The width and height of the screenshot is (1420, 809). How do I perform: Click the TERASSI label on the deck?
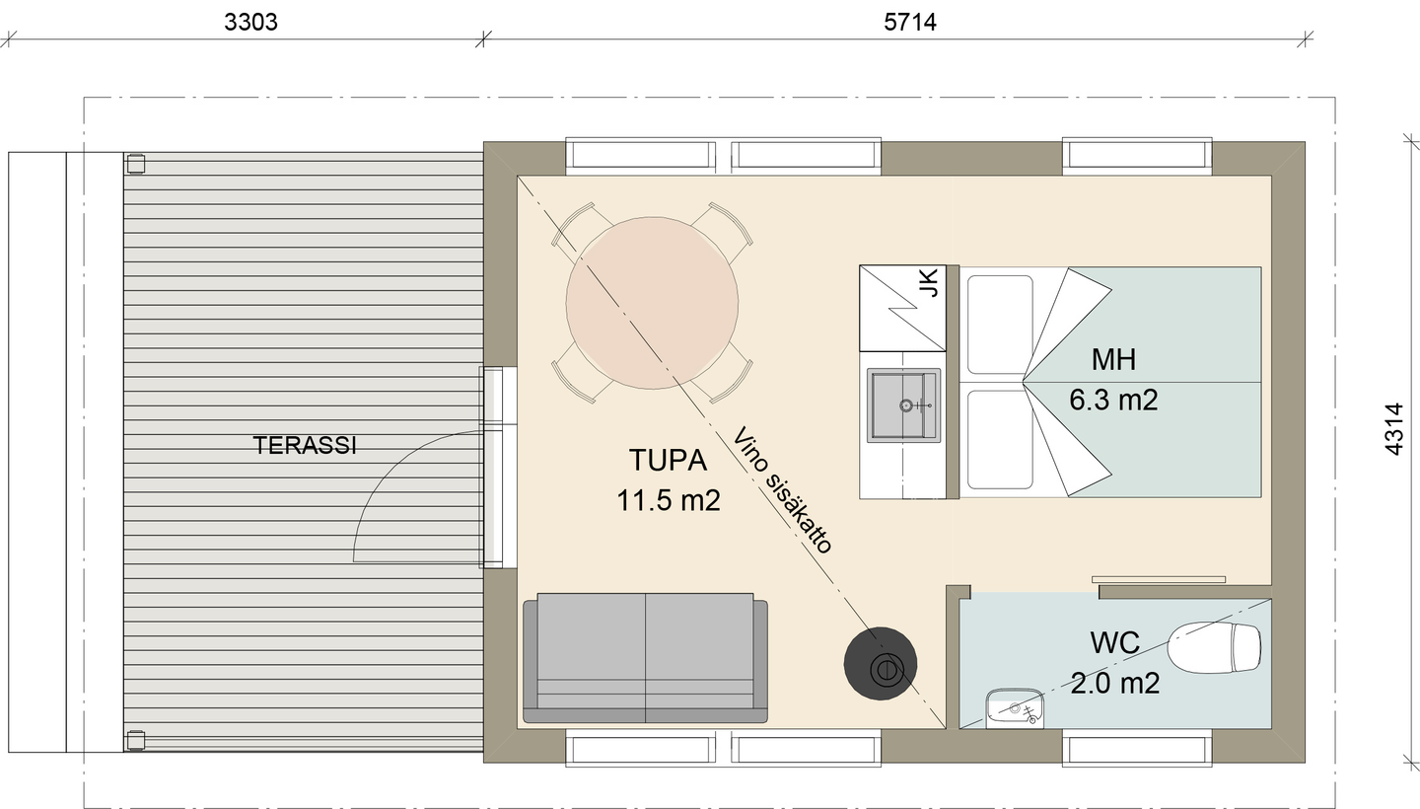tap(305, 445)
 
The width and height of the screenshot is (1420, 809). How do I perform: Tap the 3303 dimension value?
tap(251, 22)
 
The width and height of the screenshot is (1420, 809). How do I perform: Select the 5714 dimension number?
tap(909, 22)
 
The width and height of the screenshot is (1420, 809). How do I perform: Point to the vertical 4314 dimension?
tap(1394, 428)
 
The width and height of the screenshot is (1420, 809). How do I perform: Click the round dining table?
tap(652, 303)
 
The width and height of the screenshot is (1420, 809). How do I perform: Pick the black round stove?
tap(880, 664)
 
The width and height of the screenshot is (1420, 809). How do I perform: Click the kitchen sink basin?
tap(903, 405)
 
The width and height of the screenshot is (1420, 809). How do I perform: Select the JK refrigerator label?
tap(929, 283)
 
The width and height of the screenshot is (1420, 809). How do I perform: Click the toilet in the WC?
tap(1214, 647)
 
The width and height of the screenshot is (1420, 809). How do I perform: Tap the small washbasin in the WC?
tap(1015, 708)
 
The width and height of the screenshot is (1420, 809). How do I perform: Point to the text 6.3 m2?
tap(1114, 401)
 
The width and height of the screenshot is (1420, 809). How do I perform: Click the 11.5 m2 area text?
tap(669, 500)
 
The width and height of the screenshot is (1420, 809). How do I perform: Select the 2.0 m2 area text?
tap(1115, 684)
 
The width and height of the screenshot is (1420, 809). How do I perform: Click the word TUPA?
tap(668, 460)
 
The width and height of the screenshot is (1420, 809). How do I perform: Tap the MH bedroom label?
tap(1114, 359)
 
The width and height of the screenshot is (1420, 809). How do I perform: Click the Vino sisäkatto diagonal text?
tap(782, 490)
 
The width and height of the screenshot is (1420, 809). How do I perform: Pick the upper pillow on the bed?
tap(1000, 325)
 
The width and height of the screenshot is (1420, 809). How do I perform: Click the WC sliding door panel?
tap(1159, 579)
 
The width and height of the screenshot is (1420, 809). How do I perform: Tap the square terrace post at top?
tap(136, 164)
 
